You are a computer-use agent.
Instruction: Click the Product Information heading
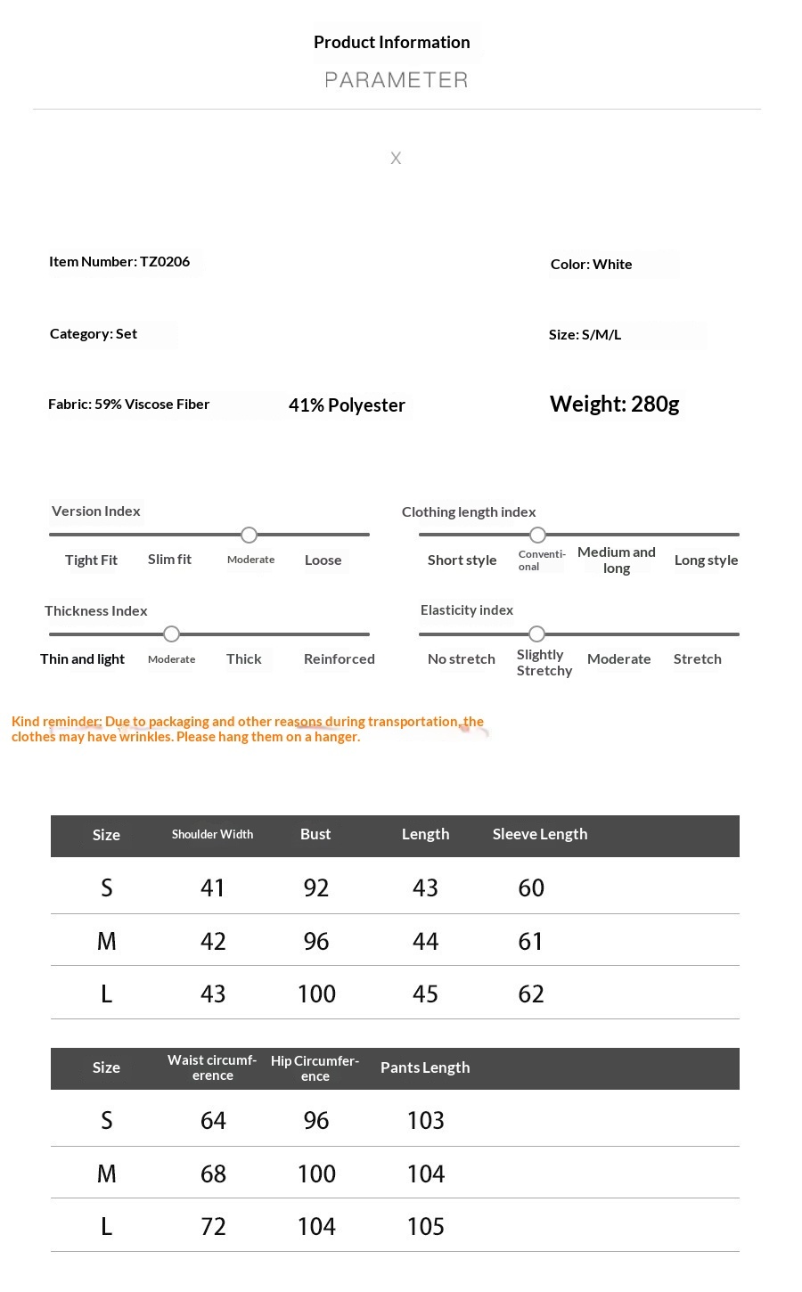391,42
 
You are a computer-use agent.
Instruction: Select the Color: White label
591,265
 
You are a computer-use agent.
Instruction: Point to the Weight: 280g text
614,405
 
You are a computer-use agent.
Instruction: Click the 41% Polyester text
347,405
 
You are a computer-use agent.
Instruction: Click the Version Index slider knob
250,535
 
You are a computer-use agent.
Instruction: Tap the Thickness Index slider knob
172,634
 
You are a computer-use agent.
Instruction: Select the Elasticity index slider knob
536,634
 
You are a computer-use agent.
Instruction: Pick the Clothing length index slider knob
537,535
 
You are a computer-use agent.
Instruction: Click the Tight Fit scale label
91,560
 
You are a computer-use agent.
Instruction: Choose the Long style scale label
706,560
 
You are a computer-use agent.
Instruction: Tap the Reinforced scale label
339,659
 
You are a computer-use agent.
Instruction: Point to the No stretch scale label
461,659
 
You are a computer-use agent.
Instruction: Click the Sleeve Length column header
539,835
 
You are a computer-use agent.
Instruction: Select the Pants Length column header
425,1067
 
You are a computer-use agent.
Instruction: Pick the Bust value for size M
316,942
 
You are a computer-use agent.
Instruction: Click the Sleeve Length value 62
531,994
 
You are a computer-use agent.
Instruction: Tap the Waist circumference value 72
213,1227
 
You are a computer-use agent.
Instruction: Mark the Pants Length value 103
425,1121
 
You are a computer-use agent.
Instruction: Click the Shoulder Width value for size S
213,888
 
